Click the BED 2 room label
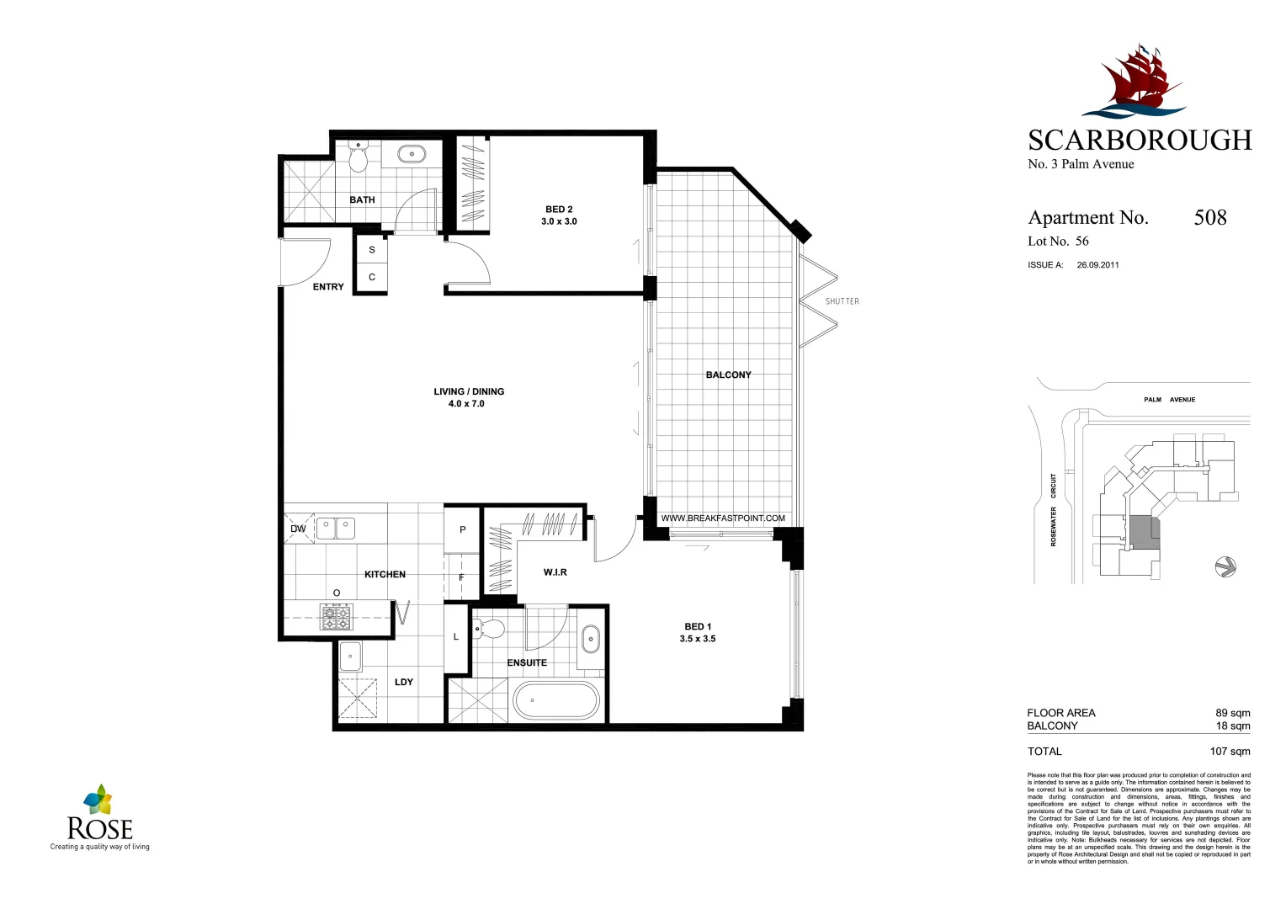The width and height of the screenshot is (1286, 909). coord(559,210)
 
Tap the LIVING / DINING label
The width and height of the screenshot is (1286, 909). coord(469,391)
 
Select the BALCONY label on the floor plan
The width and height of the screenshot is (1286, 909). coord(728,375)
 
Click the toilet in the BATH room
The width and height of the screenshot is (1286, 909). coord(359,157)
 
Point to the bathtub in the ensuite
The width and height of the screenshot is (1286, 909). coord(556,700)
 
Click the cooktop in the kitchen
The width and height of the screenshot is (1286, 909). coord(337,617)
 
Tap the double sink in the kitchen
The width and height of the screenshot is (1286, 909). coord(335,529)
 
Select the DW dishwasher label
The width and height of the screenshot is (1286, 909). coord(298,529)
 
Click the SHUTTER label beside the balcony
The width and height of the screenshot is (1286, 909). coord(842,301)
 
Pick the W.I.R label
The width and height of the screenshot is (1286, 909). coord(555,572)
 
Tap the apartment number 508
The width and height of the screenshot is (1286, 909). coord(1209,218)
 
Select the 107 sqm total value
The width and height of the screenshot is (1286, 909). coord(1230,752)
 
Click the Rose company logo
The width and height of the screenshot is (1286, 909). coord(99,816)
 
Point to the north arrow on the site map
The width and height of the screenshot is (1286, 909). coord(1225,566)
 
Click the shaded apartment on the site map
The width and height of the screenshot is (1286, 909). coord(1142,533)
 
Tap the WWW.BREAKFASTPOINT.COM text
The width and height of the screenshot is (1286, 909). coord(723,518)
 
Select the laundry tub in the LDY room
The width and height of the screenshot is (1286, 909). coord(350,656)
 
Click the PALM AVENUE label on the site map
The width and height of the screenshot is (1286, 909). coord(1169,400)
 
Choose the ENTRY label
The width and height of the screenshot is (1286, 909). coord(328,287)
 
